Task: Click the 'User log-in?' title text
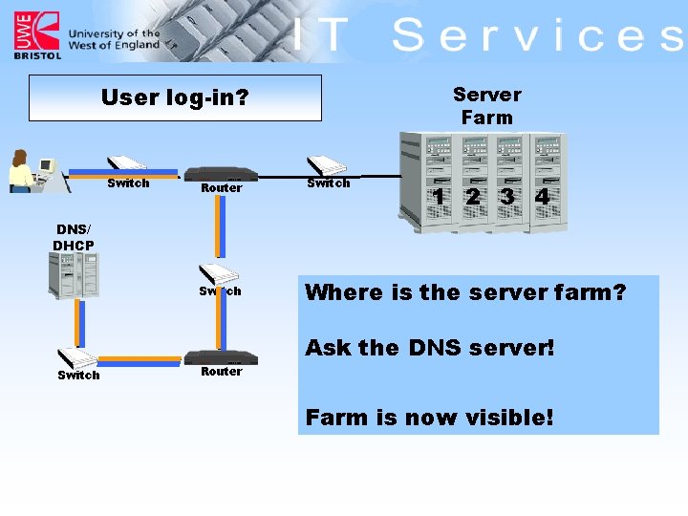coord(174,97)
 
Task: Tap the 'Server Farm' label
coord(486,105)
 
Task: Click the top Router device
coord(222,174)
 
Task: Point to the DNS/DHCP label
coord(74,237)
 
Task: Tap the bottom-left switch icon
coord(76,358)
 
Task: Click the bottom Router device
coord(222,358)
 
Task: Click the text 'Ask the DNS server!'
coord(429,348)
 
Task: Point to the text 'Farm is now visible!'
coord(429,417)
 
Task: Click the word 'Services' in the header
coord(537,35)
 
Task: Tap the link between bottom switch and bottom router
coord(140,360)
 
